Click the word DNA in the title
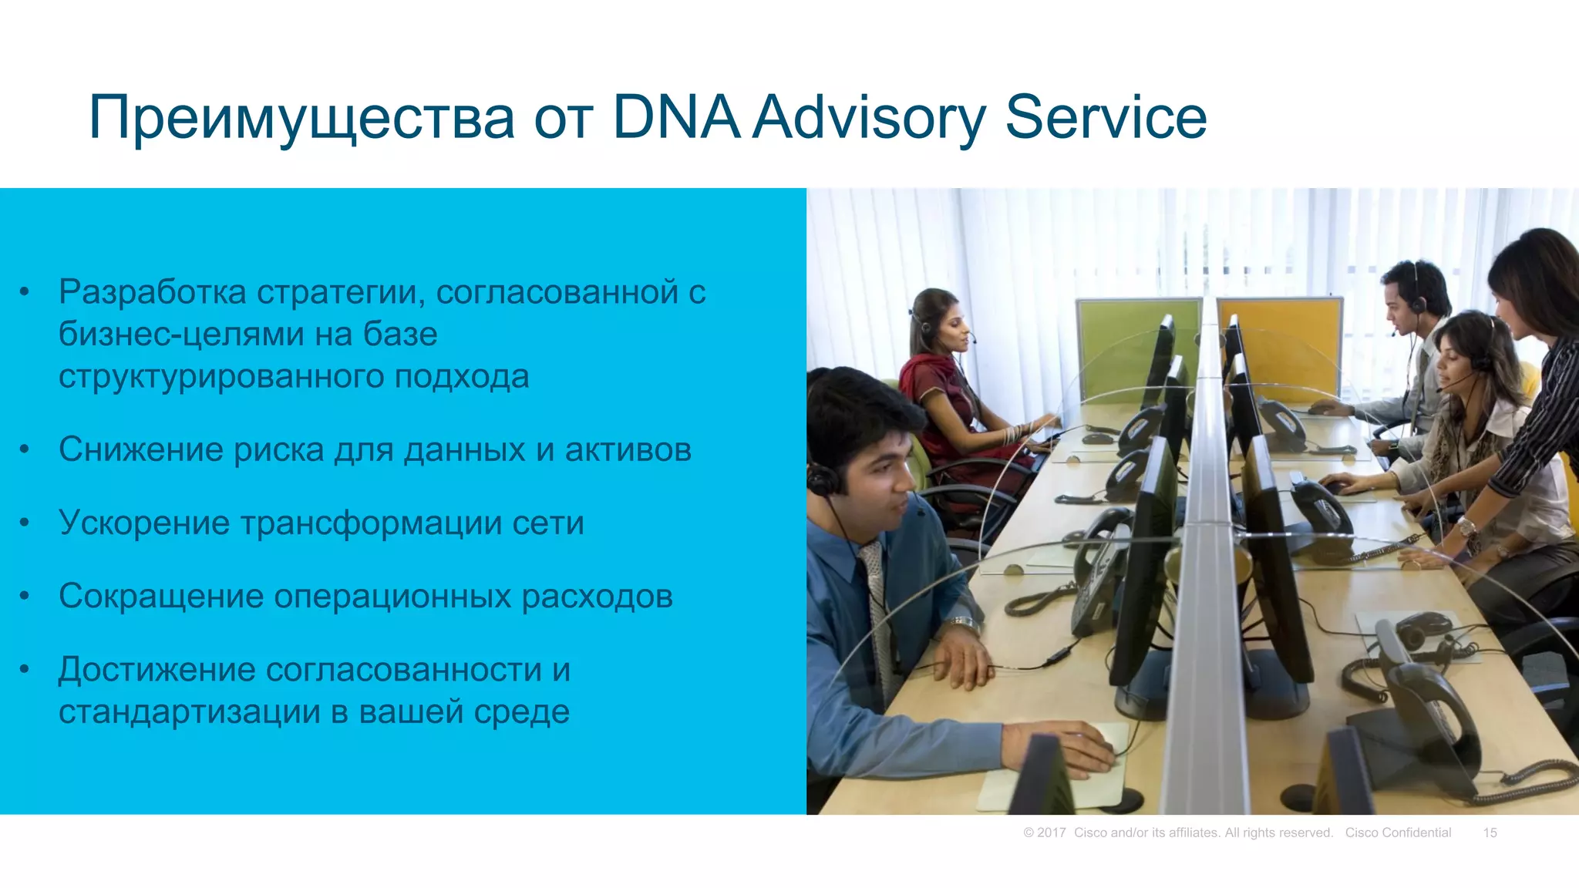[676, 117]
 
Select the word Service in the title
[1106, 117]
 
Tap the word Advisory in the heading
[869, 117]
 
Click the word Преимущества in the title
[301, 117]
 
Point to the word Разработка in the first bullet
[153, 292]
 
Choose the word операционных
[392, 597]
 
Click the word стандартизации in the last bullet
[189, 711]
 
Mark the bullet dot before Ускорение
[25, 523]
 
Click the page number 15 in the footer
[1490, 832]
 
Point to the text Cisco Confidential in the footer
[1398, 832]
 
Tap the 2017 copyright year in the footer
[1051, 832]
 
